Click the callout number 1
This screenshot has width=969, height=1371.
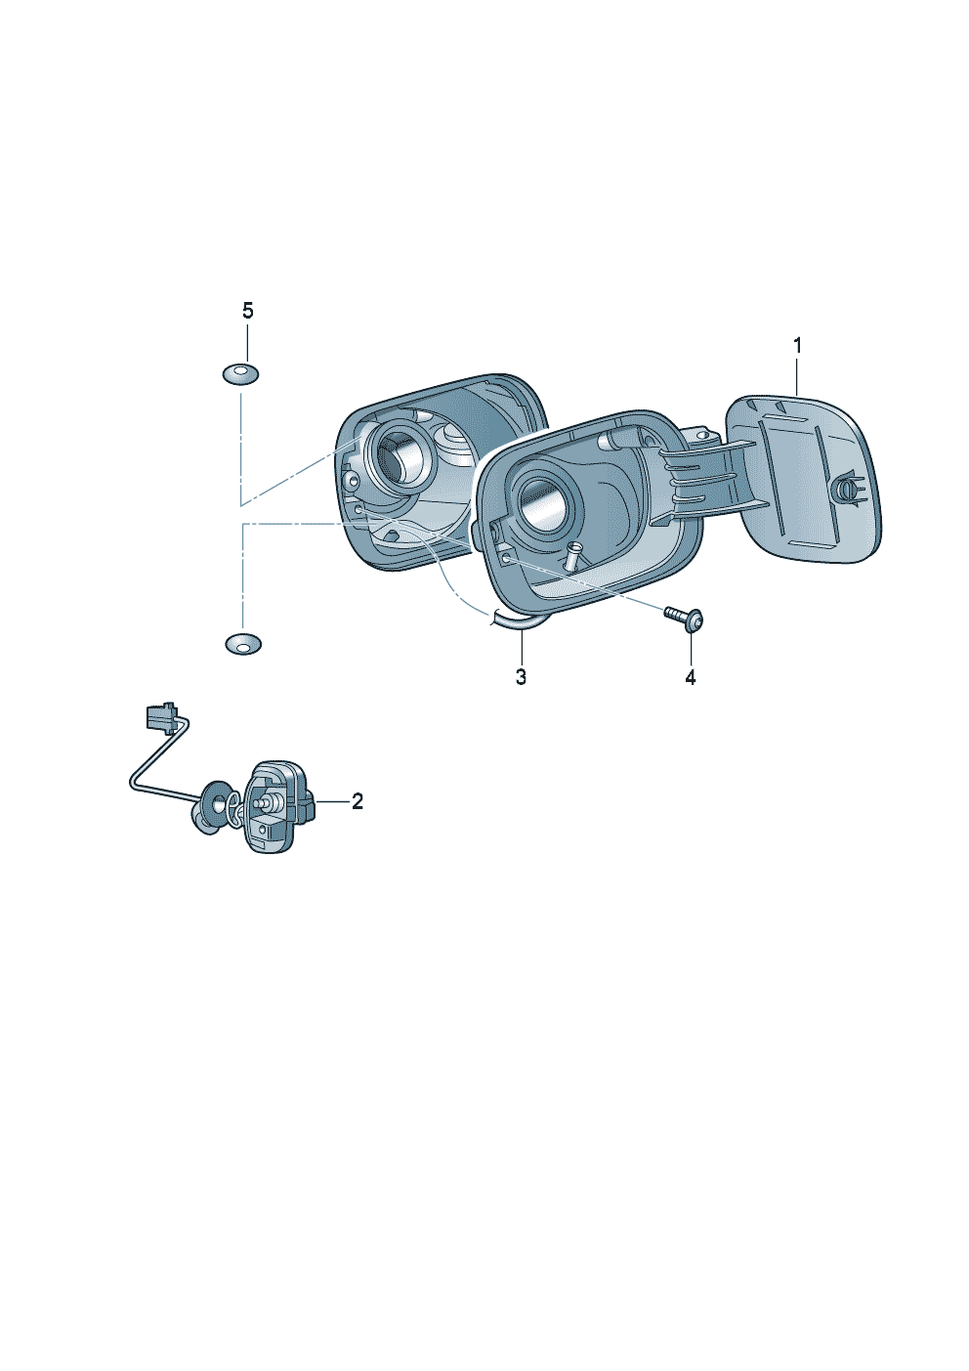(796, 346)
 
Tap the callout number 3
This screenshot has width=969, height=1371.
(521, 677)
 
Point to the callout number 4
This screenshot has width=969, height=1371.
(690, 677)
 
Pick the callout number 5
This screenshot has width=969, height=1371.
(247, 311)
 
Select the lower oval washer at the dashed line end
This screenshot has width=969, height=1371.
(243, 644)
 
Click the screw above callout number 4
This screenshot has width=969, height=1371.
(684, 620)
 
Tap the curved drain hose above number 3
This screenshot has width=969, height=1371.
(517, 621)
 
